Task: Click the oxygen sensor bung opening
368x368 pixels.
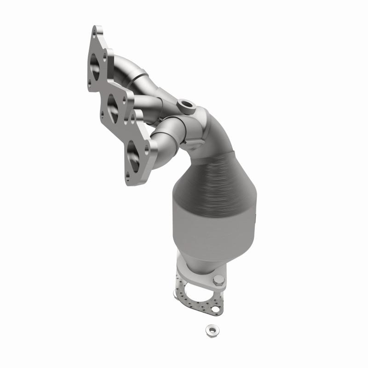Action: pyautogui.click(x=187, y=103)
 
